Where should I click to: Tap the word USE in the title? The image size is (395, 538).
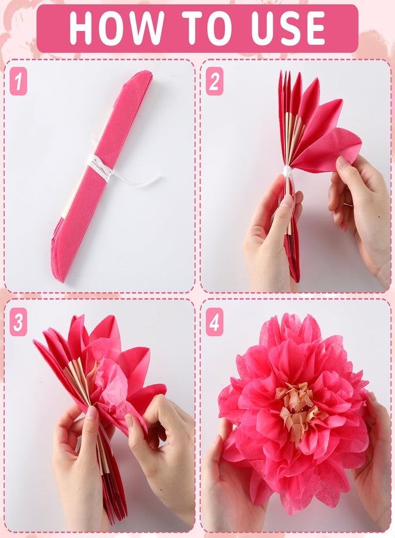pyautogui.click(x=288, y=27)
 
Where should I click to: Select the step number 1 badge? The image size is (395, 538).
pyautogui.click(x=18, y=81)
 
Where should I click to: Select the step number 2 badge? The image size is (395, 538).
pyautogui.click(x=214, y=81)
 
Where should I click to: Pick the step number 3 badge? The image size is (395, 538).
pyautogui.click(x=18, y=322)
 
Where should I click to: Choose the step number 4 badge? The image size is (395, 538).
pyautogui.click(x=214, y=322)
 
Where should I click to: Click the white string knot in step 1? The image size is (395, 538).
pyautogui.click(x=99, y=166)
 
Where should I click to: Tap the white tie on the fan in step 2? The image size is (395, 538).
pyautogui.click(x=287, y=171)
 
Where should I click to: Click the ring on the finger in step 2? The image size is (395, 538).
pyautogui.click(x=348, y=204)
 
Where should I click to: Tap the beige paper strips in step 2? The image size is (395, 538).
pyautogui.click(x=293, y=137)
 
